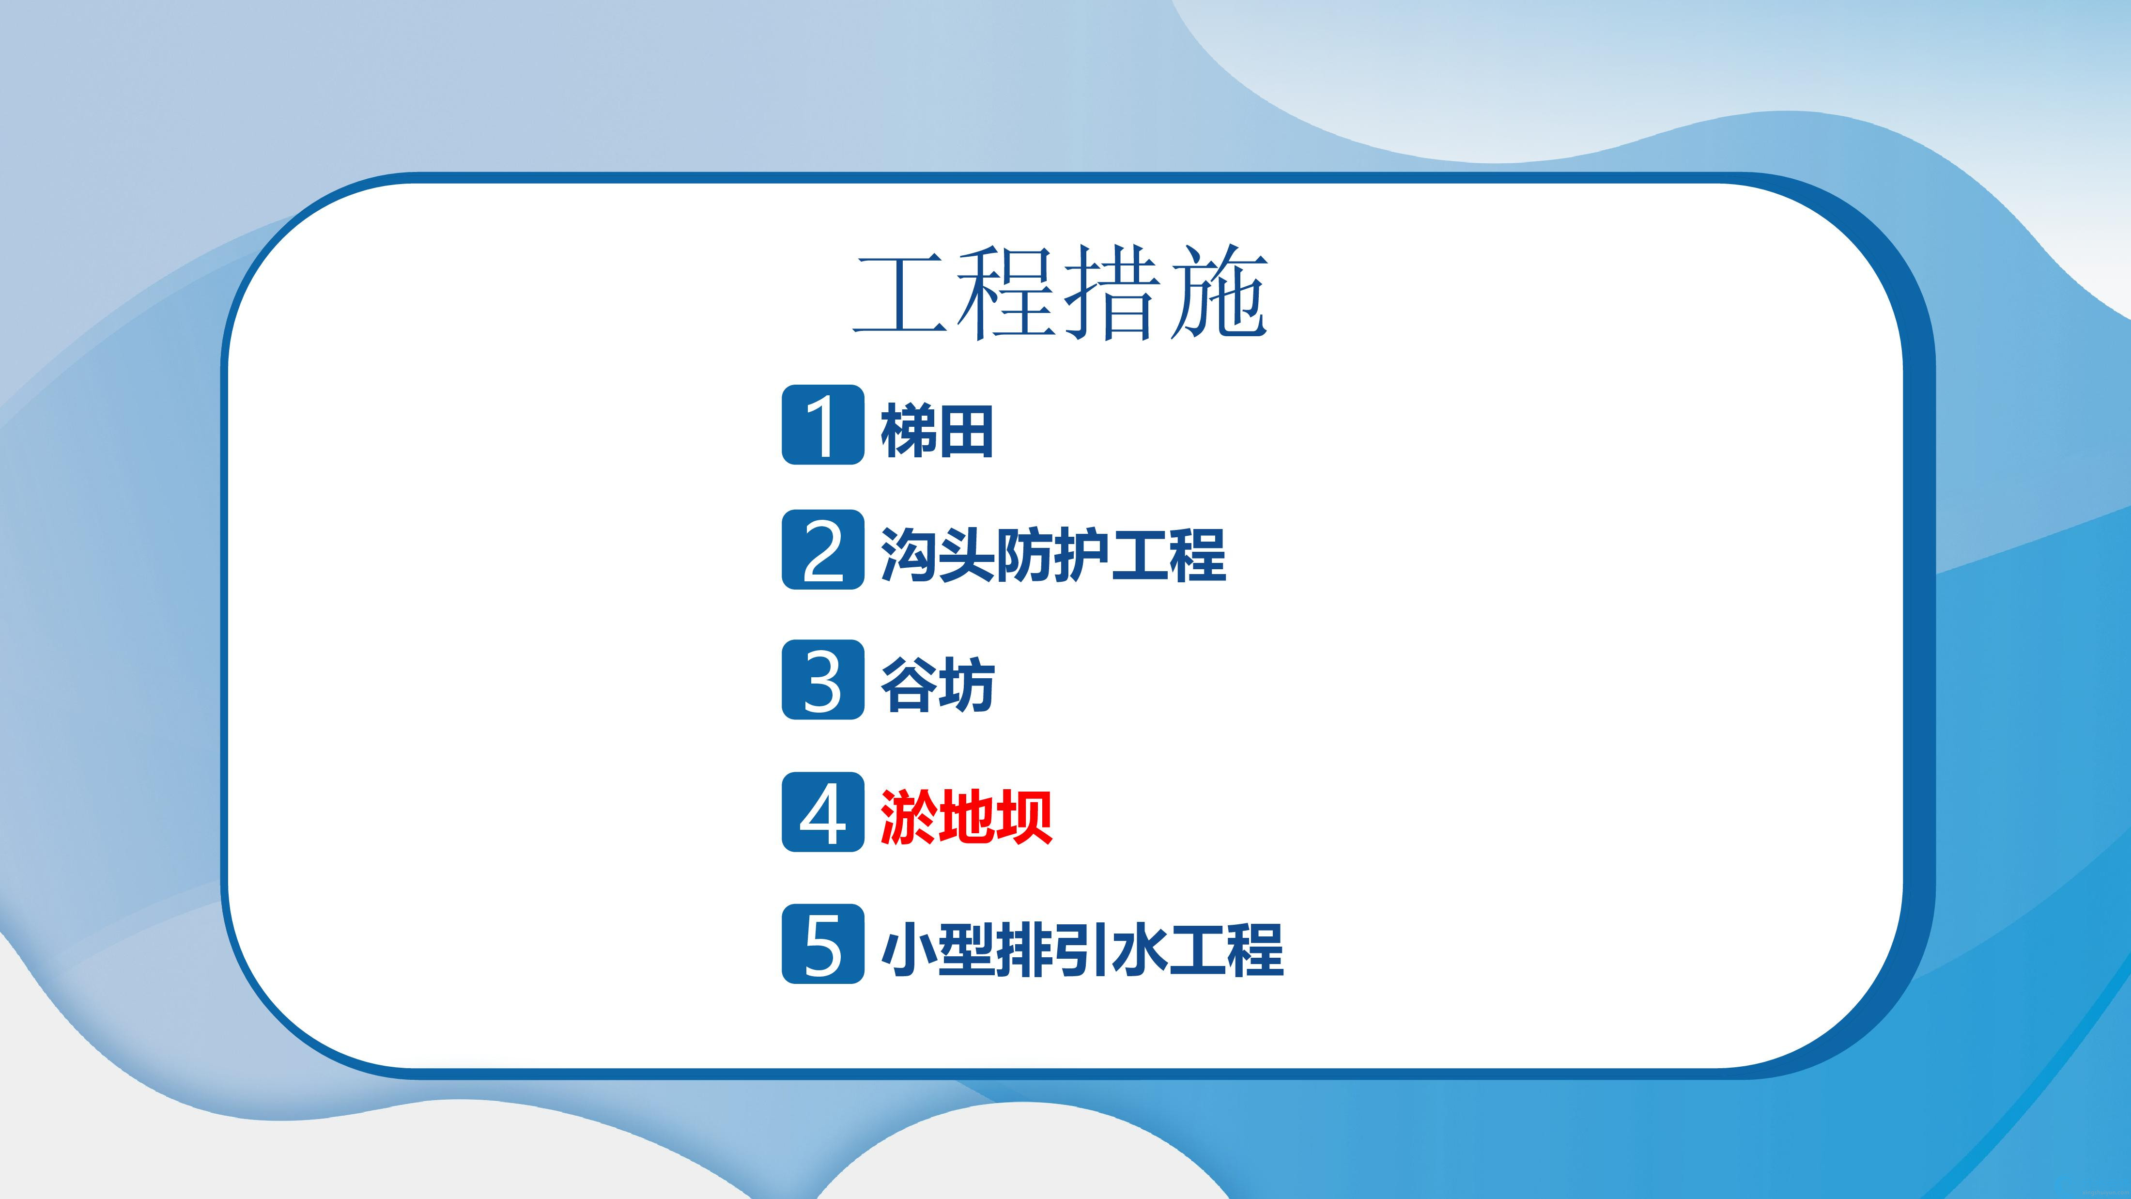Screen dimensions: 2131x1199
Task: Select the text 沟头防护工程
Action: point(1053,554)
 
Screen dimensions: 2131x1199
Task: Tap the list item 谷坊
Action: point(937,685)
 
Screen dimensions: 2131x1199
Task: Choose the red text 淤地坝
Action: point(966,817)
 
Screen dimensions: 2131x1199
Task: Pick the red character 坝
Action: point(1025,817)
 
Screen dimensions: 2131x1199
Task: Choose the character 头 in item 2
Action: point(967,554)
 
